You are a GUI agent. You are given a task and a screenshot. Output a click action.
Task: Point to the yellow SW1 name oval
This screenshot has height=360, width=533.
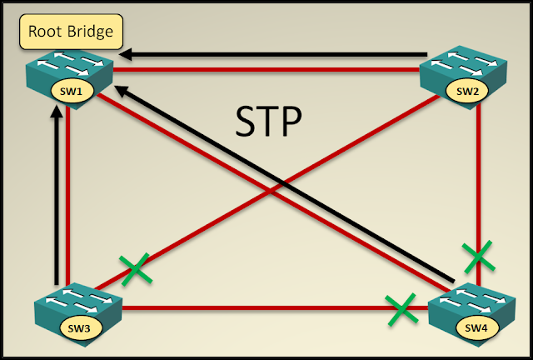pyautogui.click(x=69, y=89)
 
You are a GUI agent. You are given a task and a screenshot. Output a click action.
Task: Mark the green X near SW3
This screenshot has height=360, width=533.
pyautogui.click(x=134, y=268)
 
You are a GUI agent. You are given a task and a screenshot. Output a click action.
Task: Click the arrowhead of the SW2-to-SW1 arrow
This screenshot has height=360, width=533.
pyautogui.click(x=126, y=55)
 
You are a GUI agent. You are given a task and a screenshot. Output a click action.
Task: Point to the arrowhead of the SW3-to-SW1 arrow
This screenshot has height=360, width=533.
pyautogui.click(x=57, y=118)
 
